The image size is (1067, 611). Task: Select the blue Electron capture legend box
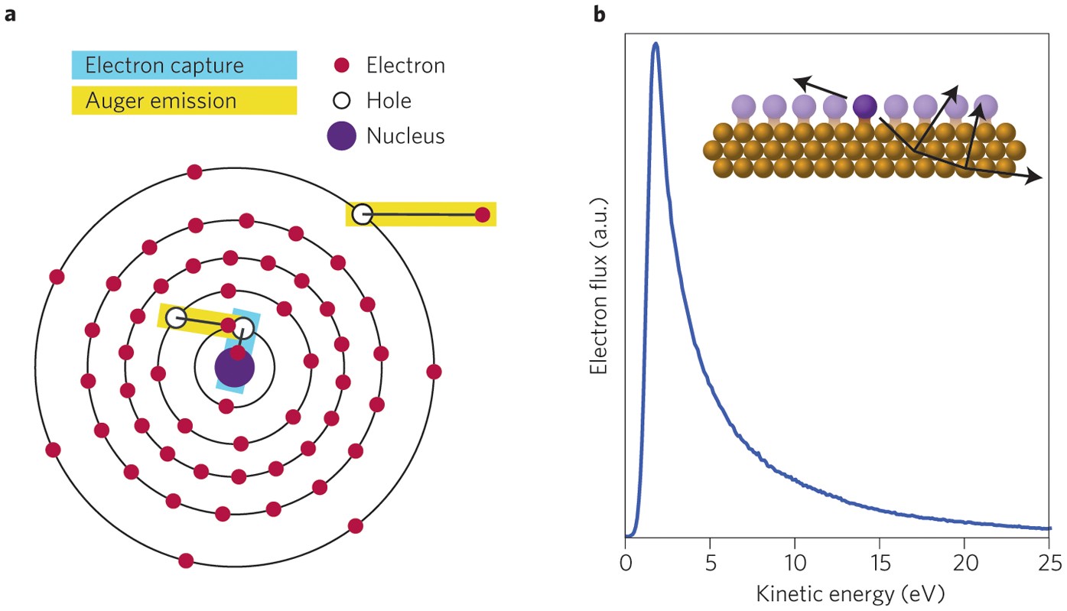(184, 65)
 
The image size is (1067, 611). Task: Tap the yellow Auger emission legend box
(184, 100)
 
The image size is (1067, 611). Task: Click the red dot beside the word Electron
(342, 65)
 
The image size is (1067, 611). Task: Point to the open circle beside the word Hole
(342, 100)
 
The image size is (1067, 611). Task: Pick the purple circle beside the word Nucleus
(342, 136)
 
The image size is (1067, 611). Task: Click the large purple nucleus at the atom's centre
(234, 369)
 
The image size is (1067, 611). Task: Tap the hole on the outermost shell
(363, 214)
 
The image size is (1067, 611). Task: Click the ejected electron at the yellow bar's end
(482, 215)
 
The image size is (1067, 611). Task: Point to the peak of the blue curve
(655, 44)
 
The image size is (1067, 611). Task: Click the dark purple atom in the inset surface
(864, 106)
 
